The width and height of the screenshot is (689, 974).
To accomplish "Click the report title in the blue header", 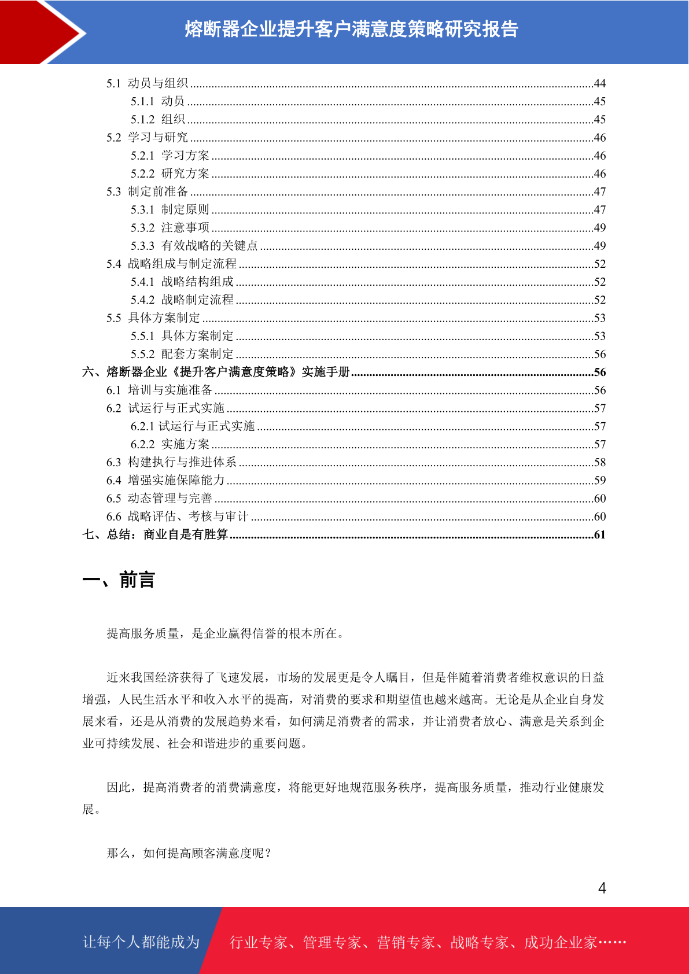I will [351, 29].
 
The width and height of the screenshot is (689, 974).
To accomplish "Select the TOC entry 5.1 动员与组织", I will [147, 83].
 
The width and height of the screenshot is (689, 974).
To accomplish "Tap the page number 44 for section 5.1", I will [599, 84].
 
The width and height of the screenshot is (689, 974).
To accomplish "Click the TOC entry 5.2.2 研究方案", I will [170, 174].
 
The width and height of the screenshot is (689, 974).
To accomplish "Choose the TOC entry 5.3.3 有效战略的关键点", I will [194, 246].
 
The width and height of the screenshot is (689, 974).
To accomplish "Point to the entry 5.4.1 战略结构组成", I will [182, 282].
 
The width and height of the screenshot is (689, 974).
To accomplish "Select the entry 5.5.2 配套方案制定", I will [182, 354].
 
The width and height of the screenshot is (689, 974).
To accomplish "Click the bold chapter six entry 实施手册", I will [216, 372].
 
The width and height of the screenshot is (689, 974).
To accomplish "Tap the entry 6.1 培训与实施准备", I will [159, 390].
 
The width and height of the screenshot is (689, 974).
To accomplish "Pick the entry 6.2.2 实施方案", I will [170, 444].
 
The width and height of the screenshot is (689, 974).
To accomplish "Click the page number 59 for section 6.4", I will [599, 481].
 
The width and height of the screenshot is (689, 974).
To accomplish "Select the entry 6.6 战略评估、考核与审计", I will [177, 516].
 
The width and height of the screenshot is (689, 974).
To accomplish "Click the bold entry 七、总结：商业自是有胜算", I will [155, 534].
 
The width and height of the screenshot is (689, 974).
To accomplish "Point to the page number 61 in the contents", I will [599, 535].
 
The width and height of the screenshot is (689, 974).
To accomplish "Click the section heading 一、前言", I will [119, 580].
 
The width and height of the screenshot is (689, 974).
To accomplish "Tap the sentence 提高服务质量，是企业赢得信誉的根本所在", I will [226, 634].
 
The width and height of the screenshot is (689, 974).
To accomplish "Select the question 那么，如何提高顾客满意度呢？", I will [189, 853].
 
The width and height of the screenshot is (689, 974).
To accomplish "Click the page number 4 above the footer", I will [602, 888].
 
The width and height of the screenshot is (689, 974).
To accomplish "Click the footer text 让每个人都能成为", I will [141, 942].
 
